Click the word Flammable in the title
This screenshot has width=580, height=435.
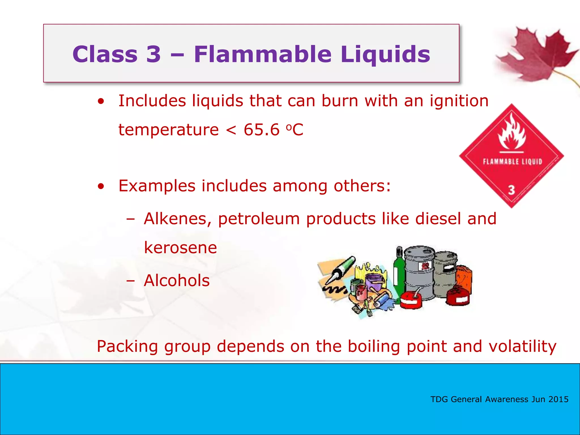pos(263,54)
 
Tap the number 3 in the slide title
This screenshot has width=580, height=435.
pos(153,54)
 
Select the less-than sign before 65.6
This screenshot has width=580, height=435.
pos(231,130)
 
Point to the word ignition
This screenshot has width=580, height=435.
pos(459,101)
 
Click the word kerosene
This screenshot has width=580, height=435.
pos(180,248)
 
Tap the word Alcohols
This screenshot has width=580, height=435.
pos(177,280)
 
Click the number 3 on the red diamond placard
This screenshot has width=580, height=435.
pos(511,190)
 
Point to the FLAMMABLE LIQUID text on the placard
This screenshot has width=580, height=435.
pos(512,162)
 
